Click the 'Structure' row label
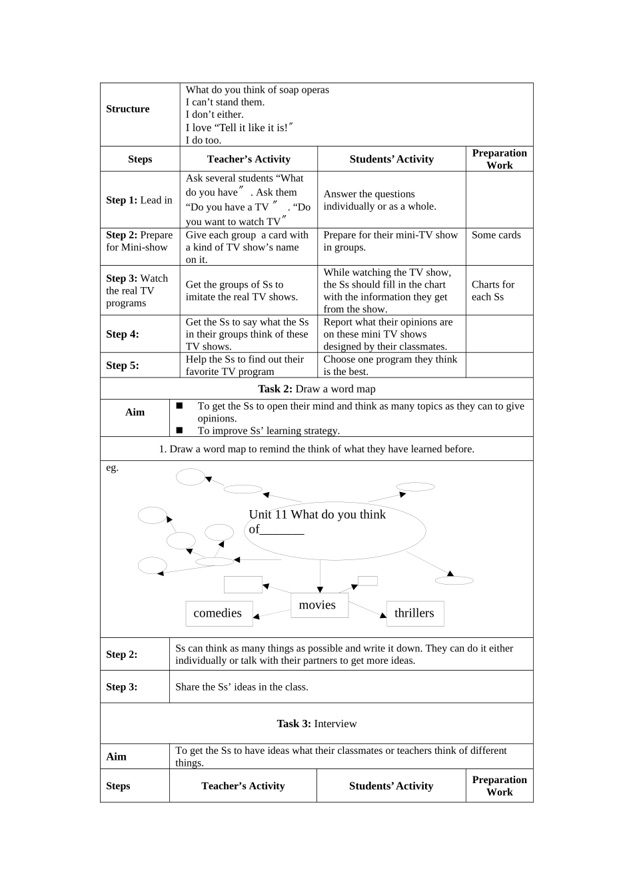(128, 109)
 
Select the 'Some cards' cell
(496, 235)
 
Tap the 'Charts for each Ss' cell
(493, 290)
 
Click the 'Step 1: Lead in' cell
(139, 200)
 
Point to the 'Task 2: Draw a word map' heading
(316, 389)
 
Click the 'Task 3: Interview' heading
(316, 723)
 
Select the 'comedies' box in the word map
(218, 613)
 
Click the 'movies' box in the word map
(318, 605)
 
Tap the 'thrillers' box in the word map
(414, 613)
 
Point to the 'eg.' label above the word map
(112, 467)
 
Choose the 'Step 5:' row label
(123, 366)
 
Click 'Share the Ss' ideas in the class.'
(242, 687)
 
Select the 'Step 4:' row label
(123, 334)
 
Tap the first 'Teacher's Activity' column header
(249, 159)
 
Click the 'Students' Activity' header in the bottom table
(391, 786)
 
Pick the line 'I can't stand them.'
(225, 102)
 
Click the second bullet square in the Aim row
(179, 430)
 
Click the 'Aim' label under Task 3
(117, 756)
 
